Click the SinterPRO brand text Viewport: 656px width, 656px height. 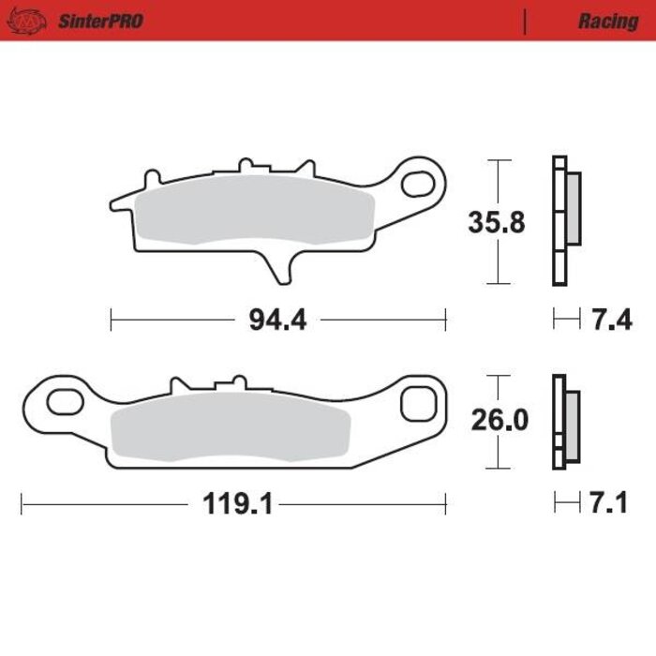101,21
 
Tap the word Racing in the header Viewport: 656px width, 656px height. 607,21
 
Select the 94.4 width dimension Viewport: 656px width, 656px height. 277,321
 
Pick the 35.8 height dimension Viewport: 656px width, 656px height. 496,223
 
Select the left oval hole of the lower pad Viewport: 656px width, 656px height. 63,405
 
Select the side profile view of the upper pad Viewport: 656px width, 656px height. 564,221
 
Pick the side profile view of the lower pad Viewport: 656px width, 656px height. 564,423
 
